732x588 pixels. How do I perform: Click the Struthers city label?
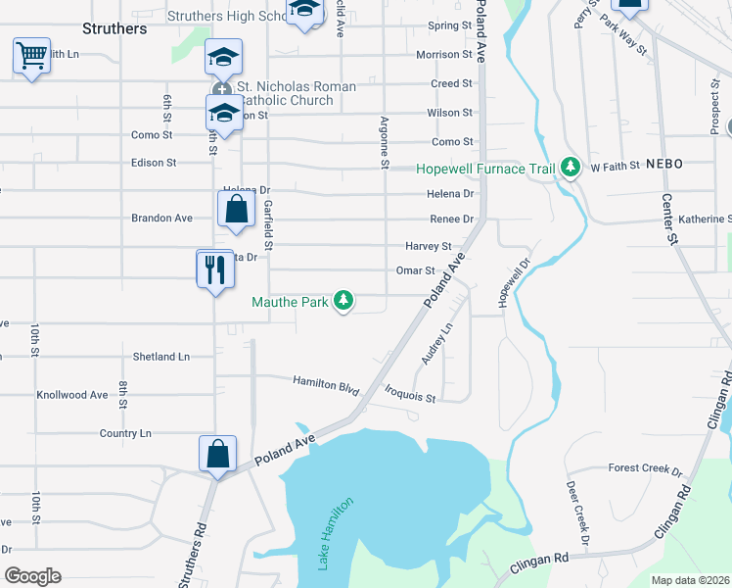coord(115,28)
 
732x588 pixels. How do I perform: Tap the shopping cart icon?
coord(32,56)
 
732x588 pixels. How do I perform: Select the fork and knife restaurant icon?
coord(215,268)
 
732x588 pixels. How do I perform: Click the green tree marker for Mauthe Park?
coord(343,300)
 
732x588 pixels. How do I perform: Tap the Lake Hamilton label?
coord(333,534)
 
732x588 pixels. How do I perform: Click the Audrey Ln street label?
coord(437,344)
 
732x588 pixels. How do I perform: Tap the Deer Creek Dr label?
coord(577,514)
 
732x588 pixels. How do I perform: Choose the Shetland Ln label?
coord(161,357)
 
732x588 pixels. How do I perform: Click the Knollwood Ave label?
coord(72,395)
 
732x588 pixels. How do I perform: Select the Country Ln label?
coord(125,433)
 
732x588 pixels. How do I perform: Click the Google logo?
coord(32,576)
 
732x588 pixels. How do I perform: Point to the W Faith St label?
coord(614,167)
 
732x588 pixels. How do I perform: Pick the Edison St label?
coord(154,163)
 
